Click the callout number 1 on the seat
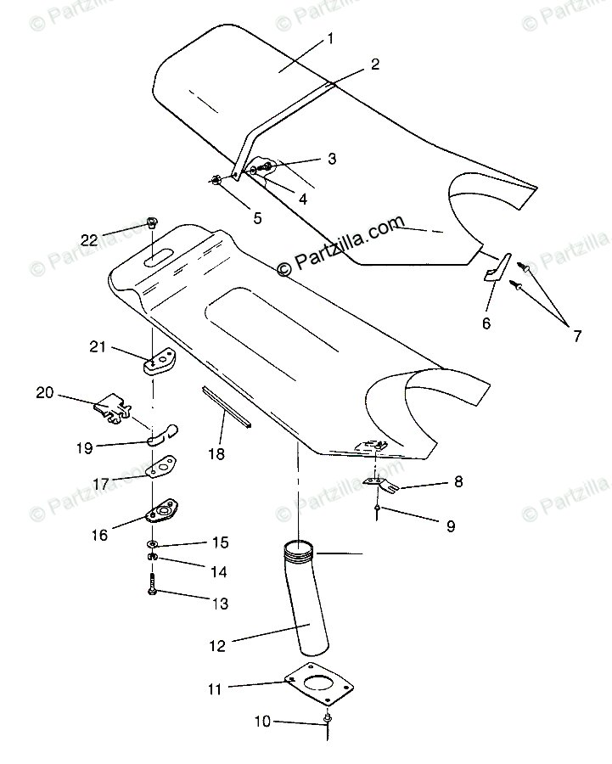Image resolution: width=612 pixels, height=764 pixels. [x=330, y=38]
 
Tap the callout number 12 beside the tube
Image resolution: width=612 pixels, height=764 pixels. [x=217, y=646]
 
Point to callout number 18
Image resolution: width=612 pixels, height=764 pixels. [x=216, y=453]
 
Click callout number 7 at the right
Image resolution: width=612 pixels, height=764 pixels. [x=576, y=335]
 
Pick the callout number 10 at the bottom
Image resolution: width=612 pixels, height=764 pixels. [x=262, y=722]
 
